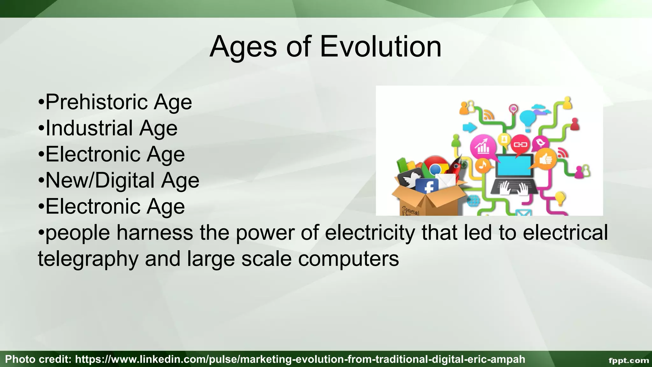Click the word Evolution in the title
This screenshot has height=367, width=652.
click(380, 47)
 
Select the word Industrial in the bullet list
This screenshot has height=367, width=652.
click(89, 128)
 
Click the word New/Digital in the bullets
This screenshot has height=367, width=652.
click(100, 181)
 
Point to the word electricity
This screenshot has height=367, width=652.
click(370, 233)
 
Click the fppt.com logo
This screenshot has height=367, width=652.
click(628, 360)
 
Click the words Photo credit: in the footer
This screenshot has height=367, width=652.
click(38, 359)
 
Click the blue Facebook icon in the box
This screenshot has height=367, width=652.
click(427, 186)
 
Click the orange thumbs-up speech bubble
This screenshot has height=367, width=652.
click(546, 158)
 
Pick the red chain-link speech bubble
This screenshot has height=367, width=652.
click(521, 145)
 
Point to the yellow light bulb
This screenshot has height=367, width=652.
click(560, 198)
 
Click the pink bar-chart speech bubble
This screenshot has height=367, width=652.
click(483, 147)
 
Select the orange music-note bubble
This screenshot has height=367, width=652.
click(483, 165)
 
